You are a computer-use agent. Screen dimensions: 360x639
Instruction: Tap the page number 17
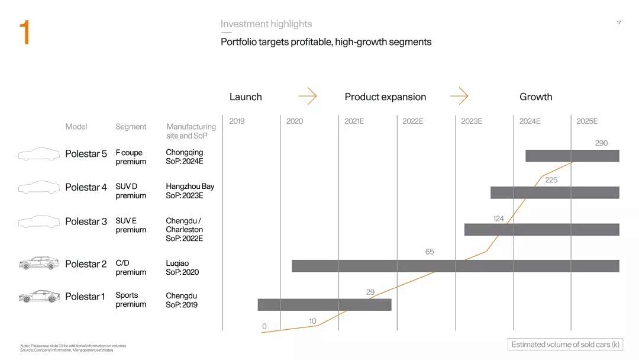(619, 22)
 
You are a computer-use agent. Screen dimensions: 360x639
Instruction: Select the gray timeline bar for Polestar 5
(572, 156)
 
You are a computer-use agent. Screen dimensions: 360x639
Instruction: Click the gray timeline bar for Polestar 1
(324, 304)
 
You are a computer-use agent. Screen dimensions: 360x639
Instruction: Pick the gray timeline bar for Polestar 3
(541, 230)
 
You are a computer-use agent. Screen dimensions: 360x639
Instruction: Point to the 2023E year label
(472, 121)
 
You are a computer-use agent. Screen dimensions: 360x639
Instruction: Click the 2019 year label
(237, 121)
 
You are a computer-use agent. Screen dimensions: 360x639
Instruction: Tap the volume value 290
(601, 143)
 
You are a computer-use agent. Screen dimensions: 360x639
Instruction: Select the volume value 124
(498, 218)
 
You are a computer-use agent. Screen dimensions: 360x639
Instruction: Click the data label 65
(430, 252)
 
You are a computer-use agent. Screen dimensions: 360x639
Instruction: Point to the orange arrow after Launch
(308, 97)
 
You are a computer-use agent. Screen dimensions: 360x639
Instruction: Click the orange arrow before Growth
(459, 97)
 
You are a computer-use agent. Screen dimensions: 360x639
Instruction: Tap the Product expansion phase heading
(385, 97)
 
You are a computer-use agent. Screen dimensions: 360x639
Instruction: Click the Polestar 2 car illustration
(39, 263)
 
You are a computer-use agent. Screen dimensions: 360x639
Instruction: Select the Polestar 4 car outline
(39, 187)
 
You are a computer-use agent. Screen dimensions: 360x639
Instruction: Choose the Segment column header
(131, 127)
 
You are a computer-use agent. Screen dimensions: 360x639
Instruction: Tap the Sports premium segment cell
(131, 300)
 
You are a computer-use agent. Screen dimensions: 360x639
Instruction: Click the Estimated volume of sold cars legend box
(565, 345)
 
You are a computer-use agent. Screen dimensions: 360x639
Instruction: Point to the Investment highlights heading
(266, 24)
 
